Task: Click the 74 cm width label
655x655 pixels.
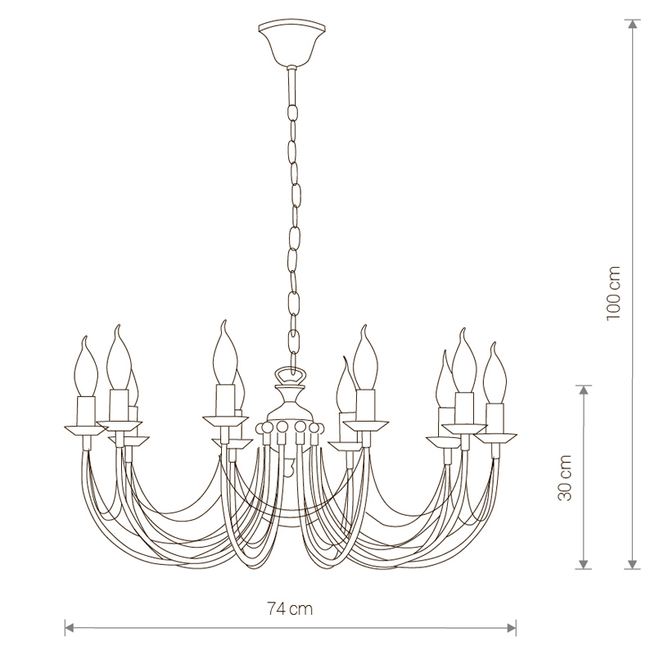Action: (290, 609)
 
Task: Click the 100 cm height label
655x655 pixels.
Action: (613, 293)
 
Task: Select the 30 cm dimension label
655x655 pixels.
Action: (565, 477)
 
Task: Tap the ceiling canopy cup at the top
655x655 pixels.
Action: (292, 44)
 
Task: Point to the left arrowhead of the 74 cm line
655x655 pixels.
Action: (70, 627)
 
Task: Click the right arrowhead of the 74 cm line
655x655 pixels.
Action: (511, 627)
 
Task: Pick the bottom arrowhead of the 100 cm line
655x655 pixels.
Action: (634, 564)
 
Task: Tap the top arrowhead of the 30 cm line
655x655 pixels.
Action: (584, 391)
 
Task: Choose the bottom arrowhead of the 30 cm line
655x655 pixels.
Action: (584, 564)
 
